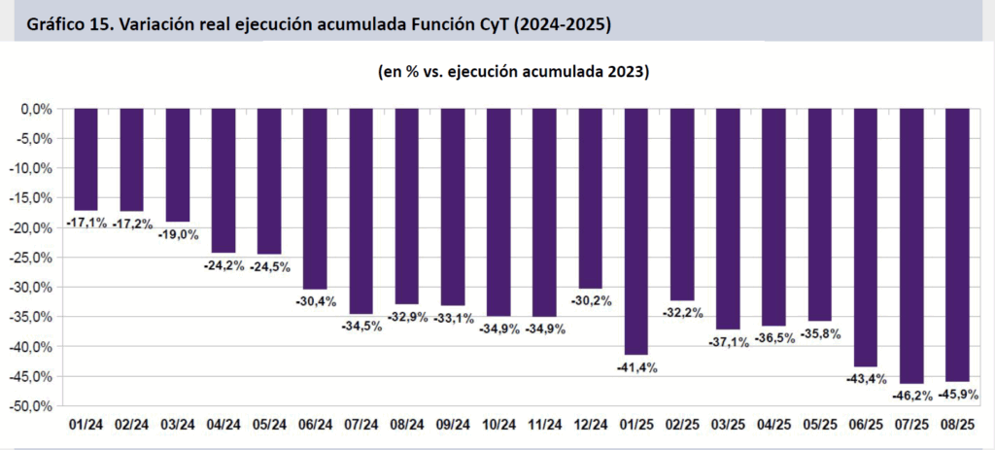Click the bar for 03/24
point(179,165)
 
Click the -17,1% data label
point(86,224)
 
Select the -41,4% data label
point(638,368)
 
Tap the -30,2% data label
point(593,301)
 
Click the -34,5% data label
point(362,328)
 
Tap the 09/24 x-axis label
point(454,425)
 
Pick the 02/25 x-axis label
point(684,425)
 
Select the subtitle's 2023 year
point(629,73)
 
